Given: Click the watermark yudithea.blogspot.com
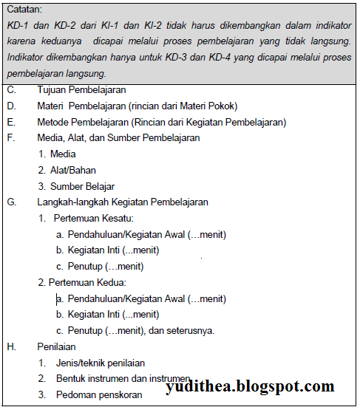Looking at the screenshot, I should click(251, 386).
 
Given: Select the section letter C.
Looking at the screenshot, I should click(10, 89).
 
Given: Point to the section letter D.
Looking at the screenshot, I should click(11, 106).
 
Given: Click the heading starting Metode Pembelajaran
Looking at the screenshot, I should click(161, 122).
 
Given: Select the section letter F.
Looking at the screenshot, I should click(10, 137).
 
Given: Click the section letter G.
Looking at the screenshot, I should click(11, 202).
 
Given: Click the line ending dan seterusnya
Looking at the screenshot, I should click(140, 330).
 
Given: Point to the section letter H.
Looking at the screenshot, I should click(11, 346).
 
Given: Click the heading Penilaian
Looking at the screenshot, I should click(56, 346).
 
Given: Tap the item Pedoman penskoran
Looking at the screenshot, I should click(99, 394).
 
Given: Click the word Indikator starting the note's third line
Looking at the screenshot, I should click(27, 58).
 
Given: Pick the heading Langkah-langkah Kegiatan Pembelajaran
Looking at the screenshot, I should click(123, 202).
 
